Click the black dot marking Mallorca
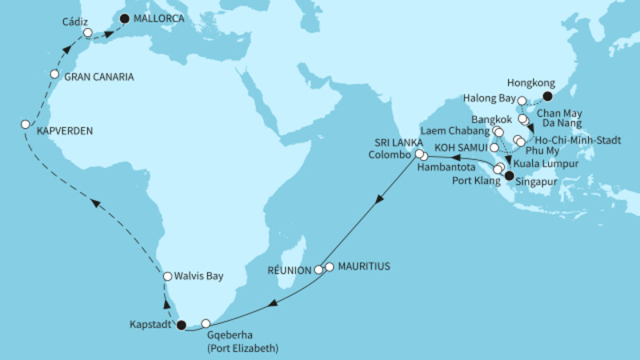[x=124, y=15]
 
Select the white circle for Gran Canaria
[x=54, y=74]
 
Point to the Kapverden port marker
[x=25, y=124]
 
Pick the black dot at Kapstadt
[x=181, y=325]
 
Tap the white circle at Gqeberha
[x=206, y=323]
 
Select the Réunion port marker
[x=318, y=270]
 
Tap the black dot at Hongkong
[x=547, y=96]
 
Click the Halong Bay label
[x=486, y=98]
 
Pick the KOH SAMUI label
[x=458, y=148]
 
